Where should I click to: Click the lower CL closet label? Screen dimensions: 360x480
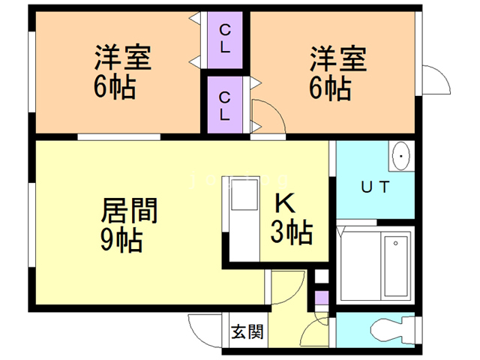coord(225,105)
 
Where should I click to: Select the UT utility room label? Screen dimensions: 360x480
coord(374,187)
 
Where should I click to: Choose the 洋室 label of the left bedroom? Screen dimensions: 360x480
coord(123,58)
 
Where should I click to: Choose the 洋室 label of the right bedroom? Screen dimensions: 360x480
coord(339,58)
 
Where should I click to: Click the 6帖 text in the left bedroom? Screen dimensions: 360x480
coord(114,88)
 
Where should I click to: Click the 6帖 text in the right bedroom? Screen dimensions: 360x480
coord(330,88)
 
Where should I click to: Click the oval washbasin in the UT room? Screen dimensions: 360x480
coord(402,156)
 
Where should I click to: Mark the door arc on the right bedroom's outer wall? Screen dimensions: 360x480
coord(433,78)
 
